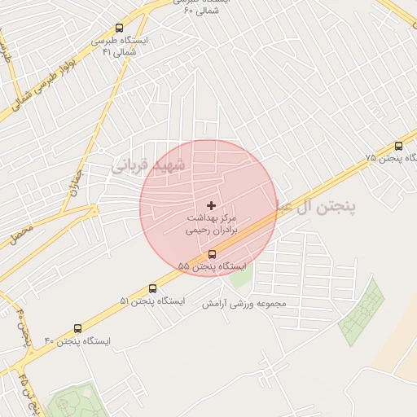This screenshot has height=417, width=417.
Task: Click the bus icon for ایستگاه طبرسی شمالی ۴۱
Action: pyautogui.click(x=120, y=29)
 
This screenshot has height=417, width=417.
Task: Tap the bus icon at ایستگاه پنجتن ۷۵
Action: pyautogui.click(x=398, y=147)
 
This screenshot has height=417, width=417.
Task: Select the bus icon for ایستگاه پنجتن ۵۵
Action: pyautogui.click(x=213, y=253)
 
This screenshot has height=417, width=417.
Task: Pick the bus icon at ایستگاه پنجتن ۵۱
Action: pyautogui.click(x=153, y=288)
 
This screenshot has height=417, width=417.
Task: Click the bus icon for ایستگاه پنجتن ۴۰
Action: pyautogui.click(x=77, y=328)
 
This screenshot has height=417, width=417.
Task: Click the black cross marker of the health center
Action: pyautogui.click(x=213, y=205)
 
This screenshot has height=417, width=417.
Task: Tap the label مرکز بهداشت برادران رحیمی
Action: pyautogui.click(x=211, y=225)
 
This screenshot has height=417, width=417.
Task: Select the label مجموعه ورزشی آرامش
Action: pyautogui.click(x=244, y=303)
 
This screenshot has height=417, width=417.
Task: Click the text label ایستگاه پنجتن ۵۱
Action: pyautogui.click(x=152, y=301)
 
